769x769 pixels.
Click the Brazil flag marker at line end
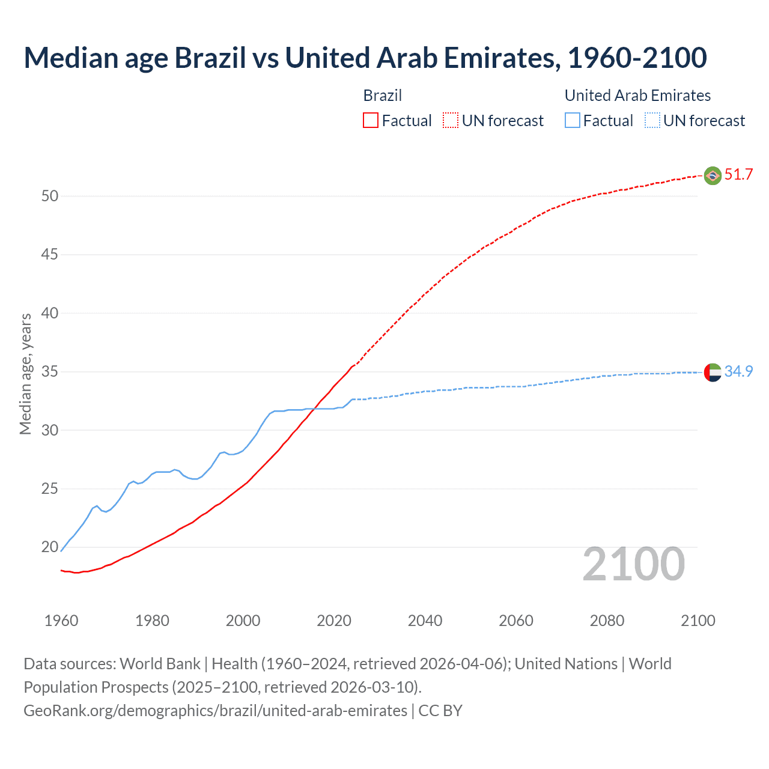tap(713, 175)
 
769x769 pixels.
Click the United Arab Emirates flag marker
tap(713, 372)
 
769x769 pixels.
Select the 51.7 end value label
tap(738, 175)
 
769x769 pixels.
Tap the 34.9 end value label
tap(738, 372)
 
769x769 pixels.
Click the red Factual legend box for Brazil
tap(371, 121)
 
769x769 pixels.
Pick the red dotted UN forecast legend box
tap(451, 121)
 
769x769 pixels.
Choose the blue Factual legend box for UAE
tap(572, 121)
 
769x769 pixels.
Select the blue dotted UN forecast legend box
tap(652, 121)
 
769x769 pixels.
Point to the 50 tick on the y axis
tap(50, 196)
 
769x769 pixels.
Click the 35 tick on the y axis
tap(50, 372)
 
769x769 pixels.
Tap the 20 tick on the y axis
tap(50, 547)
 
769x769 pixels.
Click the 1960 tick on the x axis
tap(61, 621)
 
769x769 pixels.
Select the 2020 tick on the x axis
tap(334, 621)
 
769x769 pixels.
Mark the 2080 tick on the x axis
tap(607, 621)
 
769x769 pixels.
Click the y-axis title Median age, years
tap(25, 374)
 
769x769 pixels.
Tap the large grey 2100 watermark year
tap(633, 564)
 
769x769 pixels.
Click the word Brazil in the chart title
tap(210, 58)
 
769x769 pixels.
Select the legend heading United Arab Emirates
tap(637, 96)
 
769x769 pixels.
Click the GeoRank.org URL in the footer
tap(215, 711)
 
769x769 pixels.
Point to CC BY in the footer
tap(440, 711)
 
